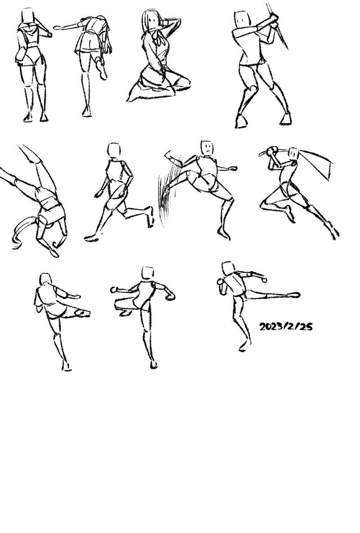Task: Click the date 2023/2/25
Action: point(286,326)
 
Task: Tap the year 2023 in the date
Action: point(271,327)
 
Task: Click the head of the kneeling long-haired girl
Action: point(152,20)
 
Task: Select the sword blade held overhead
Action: point(278,26)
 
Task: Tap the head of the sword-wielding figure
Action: point(242,20)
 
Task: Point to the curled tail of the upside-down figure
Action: point(23,231)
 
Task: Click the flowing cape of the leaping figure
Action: point(316,163)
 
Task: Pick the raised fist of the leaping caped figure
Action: point(272,151)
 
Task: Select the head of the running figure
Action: point(114,150)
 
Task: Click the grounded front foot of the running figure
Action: point(91,238)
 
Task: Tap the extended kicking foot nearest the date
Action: point(293,295)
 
